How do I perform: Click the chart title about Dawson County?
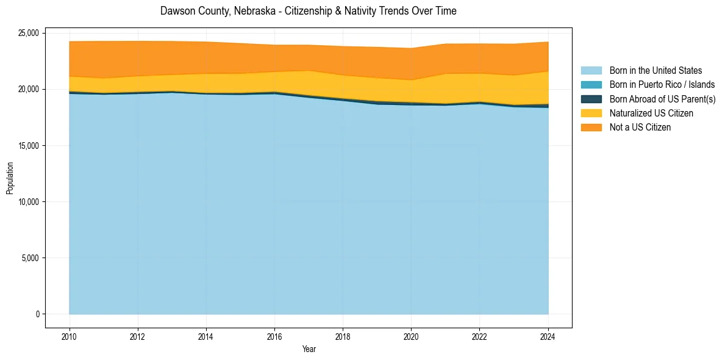[x=308, y=11]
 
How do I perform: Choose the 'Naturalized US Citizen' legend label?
[x=651, y=113]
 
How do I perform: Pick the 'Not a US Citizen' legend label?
[x=640, y=127]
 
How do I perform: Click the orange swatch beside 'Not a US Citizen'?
[x=591, y=127]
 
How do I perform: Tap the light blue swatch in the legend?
[x=591, y=71]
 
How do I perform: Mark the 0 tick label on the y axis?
[x=38, y=314]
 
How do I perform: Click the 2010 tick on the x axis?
[x=70, y=336]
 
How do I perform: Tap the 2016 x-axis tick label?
[x=274, y=336]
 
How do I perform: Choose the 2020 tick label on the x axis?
[x=412, y=336]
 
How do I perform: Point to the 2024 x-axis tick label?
[x=548, y=336]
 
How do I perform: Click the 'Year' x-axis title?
[x=309, y=349]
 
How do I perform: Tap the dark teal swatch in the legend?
[x=591, y=99]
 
